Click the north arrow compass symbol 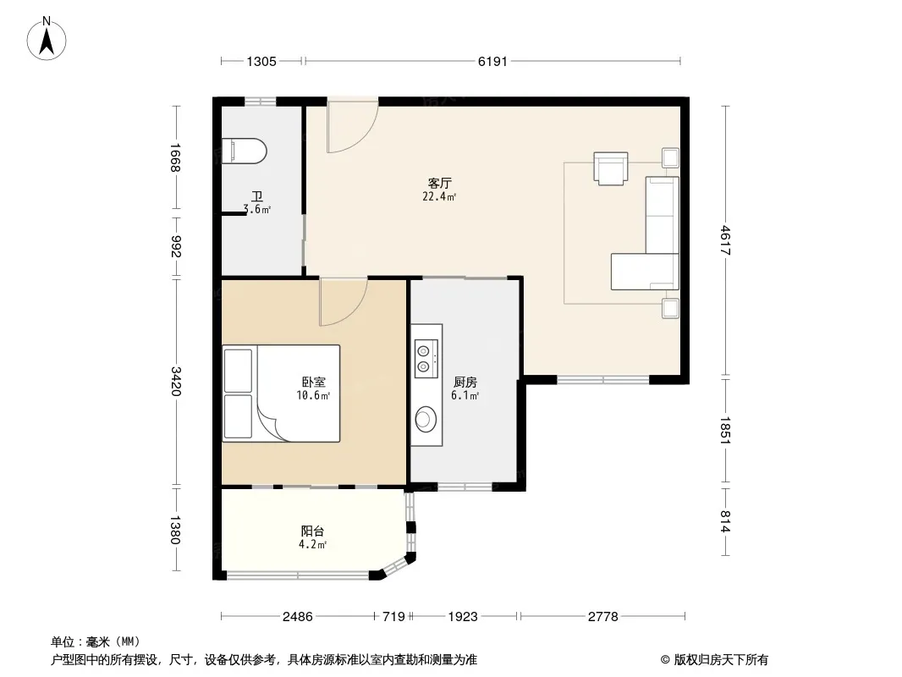coord(47,39)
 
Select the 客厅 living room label coord(439,184)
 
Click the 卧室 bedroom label coord(314,382)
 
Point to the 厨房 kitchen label coord(465,382)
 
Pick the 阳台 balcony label coord(312,531)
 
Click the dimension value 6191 coord(492,62)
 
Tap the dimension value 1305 coord(261,62)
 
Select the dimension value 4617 coord(725,240)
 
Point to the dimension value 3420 coord(176,382)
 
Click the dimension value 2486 coord(297,617)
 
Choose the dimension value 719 coord(394,617)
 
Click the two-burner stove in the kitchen coord(426,358)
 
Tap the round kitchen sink coord(426,418)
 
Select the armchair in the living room coord(610,168)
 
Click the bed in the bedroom coord(281,394)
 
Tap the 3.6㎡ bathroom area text coord(256,209)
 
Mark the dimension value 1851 coord(725,430)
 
